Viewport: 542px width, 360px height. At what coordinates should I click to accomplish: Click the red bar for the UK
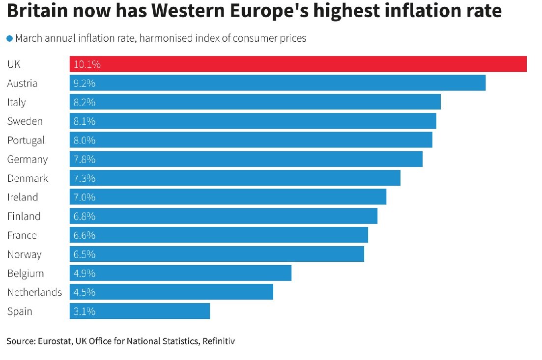point(298,64)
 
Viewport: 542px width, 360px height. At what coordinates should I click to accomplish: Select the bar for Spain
point(140,311)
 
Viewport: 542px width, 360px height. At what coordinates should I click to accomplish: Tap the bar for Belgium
point(180,273)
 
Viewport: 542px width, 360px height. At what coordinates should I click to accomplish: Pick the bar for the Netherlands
point(171,292)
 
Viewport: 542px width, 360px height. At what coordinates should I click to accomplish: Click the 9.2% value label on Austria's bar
point(84,83)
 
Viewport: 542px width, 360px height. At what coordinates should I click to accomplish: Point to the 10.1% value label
point(87,64)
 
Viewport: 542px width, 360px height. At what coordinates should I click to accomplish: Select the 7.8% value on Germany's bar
point(84,160)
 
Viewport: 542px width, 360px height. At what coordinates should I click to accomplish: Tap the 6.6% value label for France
point(84,235)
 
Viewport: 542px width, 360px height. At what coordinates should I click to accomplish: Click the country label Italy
point(16,102)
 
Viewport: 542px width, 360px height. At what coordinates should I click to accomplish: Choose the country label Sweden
point(25,121)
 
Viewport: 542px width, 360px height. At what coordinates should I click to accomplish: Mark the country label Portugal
point(26,140)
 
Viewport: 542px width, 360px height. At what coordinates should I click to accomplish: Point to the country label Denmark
point(28,178)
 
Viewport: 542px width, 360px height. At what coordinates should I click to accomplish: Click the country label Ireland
point(22,197)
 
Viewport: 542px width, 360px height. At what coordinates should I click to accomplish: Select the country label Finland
point(24,217)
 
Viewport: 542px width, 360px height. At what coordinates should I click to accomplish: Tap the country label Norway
point(24,254)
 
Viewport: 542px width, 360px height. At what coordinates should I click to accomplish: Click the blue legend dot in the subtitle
point(9,39)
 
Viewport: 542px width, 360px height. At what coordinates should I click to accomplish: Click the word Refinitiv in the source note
point(218,341)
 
